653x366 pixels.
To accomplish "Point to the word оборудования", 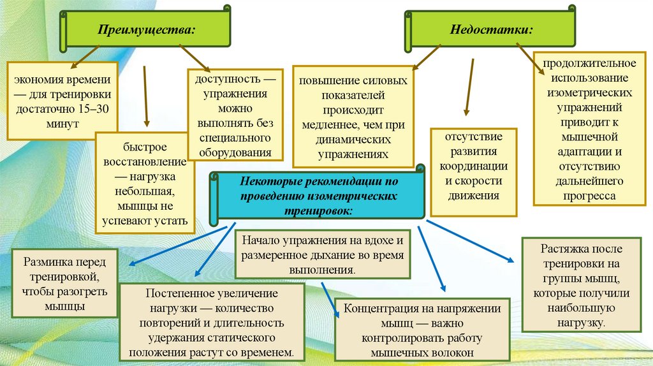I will click(235, 152).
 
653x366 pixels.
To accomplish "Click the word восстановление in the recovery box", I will click(147, 161).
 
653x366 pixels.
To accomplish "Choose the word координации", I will click(473, 166).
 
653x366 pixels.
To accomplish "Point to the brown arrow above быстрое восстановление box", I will click(146, 96).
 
